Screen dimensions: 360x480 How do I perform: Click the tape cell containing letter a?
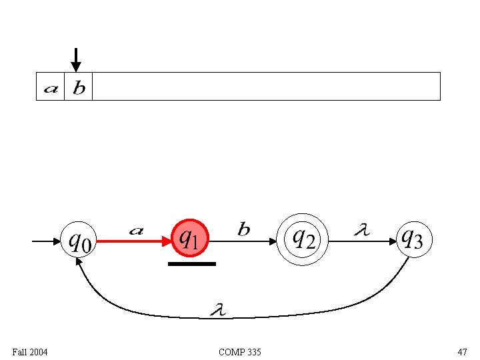pyautogui.click(x=50, y=87)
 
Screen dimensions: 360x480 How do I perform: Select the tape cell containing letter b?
pyautogui.click(x=78, y=87)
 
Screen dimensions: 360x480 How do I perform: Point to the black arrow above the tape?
pyautogui.click(x=76, y=60)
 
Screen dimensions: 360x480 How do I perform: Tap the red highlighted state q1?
pyautogui.click(x=191, y=238)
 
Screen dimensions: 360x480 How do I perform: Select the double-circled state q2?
pyautogui.click(x=304, y=238)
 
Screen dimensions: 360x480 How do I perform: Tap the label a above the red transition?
pyautogui.click(x=135, y=231)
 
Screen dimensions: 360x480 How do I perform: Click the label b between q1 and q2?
pyautogui.click(x=244, y=230)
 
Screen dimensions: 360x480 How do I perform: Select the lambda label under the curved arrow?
pyautogui.click(x=217, y=309)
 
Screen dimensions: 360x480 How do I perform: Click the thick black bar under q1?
pyautogui.click(x=192, y=264)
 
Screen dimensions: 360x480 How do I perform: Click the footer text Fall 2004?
pyautogui.click(x=30, y=351)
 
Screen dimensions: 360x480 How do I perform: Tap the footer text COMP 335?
pyautogui.click(x=240, y=351)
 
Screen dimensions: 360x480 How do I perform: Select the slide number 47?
pyautogui.click(x=462, y=351)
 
